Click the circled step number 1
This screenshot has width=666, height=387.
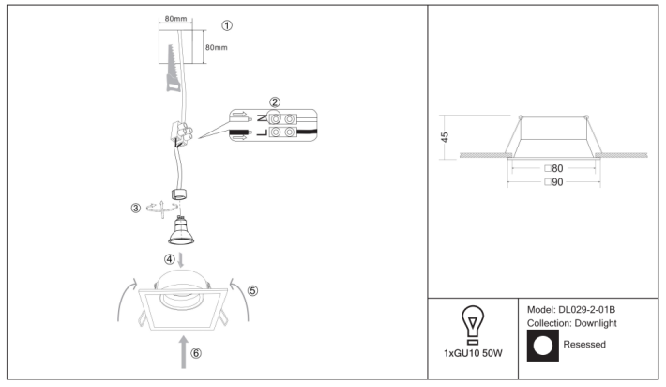(227, 25)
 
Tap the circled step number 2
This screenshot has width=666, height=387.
(275, 102)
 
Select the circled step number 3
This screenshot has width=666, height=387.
(135, 209)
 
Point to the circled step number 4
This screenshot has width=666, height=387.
(170, 259)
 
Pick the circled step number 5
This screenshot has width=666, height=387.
(252, 290)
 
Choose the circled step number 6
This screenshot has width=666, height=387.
(196, 353)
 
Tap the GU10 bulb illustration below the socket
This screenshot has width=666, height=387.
(181, 230)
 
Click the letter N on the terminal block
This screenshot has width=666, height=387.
(263, 117)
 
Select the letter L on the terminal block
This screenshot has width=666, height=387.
(263, 132)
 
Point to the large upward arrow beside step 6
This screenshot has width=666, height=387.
(184, 352)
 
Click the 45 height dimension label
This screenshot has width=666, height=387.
(445, 137)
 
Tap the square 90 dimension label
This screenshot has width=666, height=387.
(553, 182)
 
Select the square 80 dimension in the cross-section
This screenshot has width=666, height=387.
(553, 168)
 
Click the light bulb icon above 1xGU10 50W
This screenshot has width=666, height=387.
(473, 325)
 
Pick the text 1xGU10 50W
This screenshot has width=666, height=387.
(473, 353)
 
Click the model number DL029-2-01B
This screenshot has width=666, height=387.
(587, 310)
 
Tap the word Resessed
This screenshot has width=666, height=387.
(584, 345)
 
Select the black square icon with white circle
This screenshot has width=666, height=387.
(543, 346)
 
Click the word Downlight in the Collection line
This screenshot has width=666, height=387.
(596, 323)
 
